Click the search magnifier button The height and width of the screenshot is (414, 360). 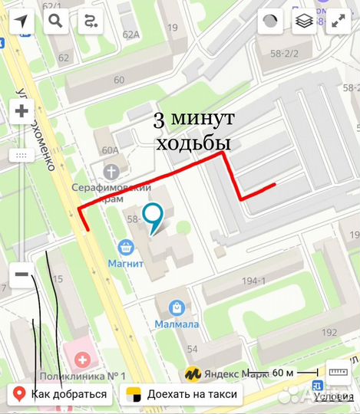[56, 21]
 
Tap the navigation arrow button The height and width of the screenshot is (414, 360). [21, 21]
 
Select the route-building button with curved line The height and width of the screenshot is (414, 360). [91, 21]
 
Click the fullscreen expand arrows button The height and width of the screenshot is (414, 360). [339, 21]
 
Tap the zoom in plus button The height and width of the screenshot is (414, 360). [21, 112]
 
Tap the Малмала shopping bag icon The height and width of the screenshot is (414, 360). [178, 307]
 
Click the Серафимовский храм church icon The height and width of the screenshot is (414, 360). [112, 171]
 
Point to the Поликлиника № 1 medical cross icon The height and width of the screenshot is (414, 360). [81, 359]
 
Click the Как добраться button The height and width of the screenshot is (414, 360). [61, 395]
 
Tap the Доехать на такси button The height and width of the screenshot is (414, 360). [182, 395]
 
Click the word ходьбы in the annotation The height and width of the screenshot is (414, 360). [193, 144]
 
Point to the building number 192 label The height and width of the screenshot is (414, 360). [329, 332]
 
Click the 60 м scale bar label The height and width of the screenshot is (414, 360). [283, 373]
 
